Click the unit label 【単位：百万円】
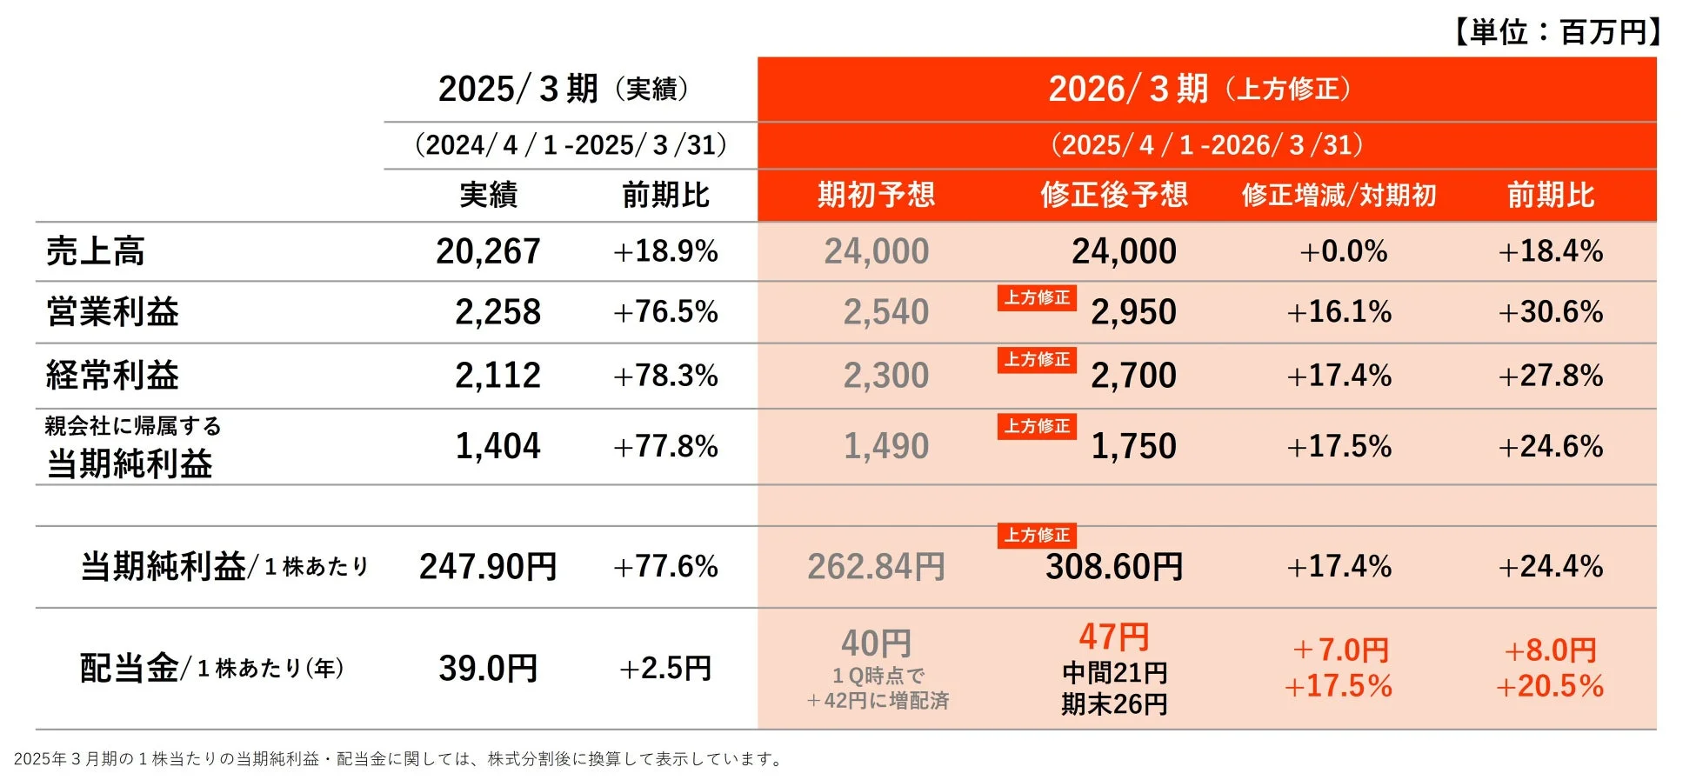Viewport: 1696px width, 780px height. [x=1556, y=32]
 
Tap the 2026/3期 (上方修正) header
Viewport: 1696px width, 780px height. [x=1200, y=89]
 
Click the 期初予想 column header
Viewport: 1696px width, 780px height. [x=876, y=195]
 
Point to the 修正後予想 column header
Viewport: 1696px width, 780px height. [x=1113, y=195]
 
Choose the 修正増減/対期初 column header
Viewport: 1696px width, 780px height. [x=1339, y=195]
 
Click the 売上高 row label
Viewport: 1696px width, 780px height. [x=96, y=251]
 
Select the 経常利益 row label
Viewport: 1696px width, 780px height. [x=112, y=376]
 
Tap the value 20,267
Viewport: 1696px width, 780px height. [x=488, y=251]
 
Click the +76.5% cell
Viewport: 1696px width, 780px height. [x=665, y=311]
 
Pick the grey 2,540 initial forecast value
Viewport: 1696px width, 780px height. [x=885, y=311]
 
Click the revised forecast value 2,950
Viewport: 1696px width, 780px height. [x=1133, y=311]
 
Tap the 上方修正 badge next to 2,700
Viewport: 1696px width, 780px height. [x=1037, y=359]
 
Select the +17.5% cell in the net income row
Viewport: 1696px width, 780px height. [x=1339, y=446]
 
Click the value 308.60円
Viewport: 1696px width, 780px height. [x=1113, y=567]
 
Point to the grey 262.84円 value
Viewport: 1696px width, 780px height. [x=876, y=567]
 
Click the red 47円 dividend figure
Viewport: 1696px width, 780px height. [x=1113, y=637]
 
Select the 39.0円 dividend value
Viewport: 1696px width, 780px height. [x=488, y=668]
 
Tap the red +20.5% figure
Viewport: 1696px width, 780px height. [x=1549, y=686]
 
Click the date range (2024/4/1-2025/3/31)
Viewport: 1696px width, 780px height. [x=571, y=144]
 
